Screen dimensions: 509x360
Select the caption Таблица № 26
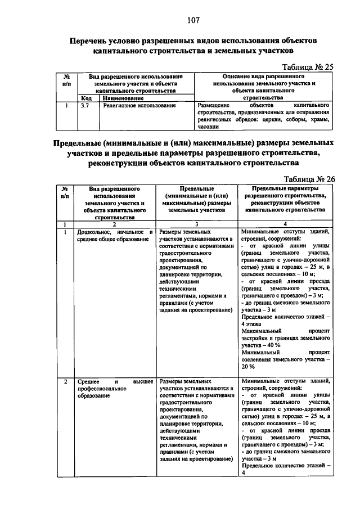[308, 179]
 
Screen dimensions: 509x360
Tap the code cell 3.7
[86, 105]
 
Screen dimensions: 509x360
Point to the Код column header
[85, 97]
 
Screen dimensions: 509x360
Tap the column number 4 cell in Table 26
[287, 224]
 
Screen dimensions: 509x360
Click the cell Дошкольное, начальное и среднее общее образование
[114, 236]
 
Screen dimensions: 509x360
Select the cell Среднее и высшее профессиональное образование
[114, 389]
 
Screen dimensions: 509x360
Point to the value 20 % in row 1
[247, 367]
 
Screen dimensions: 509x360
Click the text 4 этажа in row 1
[252, 325]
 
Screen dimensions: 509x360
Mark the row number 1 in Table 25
[67, 105]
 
